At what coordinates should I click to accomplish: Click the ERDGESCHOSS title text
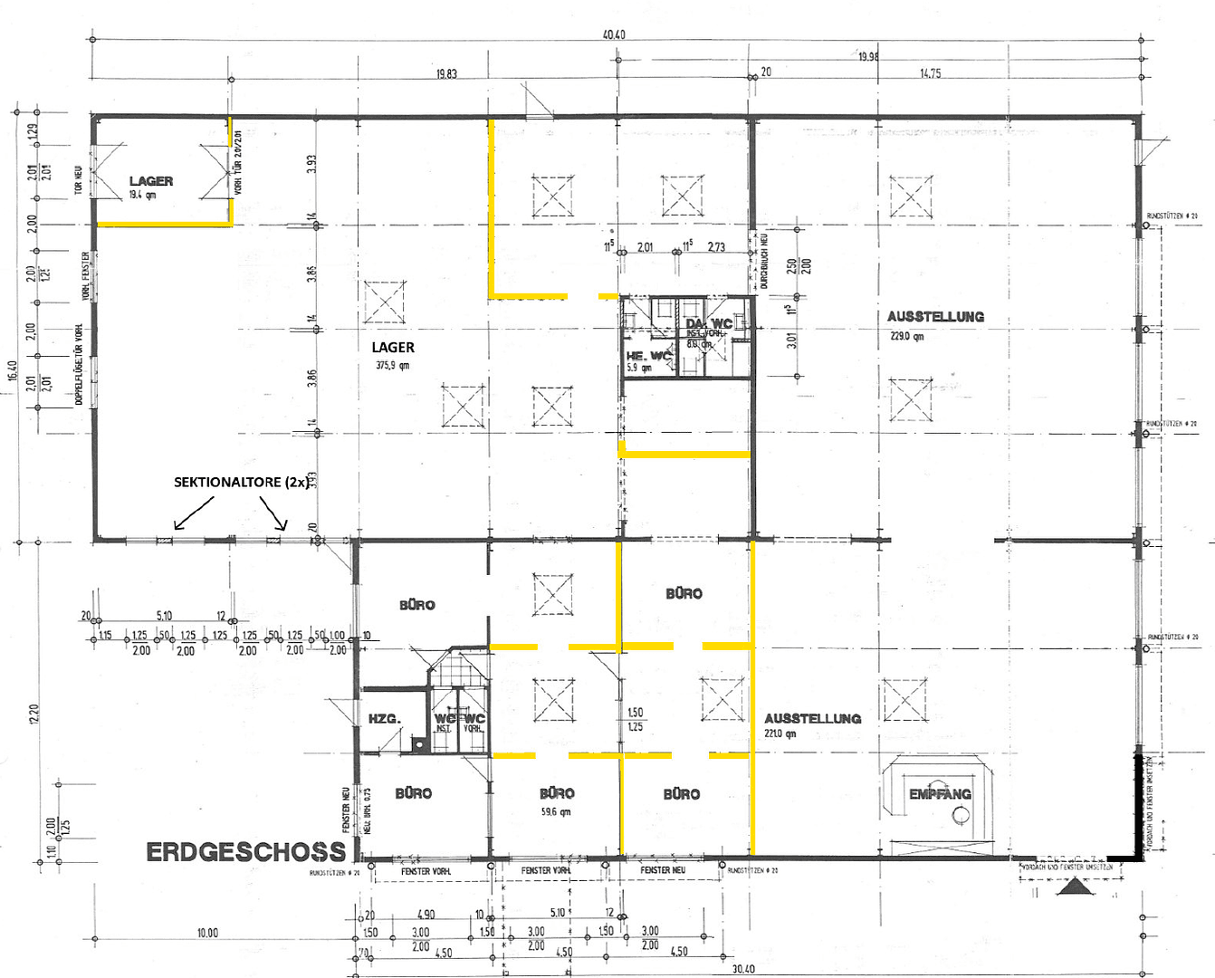245,852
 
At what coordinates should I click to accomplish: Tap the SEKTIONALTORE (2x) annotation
241,482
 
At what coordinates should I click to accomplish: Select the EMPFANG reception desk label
940,794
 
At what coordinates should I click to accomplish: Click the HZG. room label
384,718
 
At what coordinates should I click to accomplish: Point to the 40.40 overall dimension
614,34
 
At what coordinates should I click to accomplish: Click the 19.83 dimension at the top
446,74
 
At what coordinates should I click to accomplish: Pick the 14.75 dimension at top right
930,74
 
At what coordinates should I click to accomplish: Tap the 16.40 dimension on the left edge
13,371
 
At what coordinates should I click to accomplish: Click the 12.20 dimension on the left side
34,715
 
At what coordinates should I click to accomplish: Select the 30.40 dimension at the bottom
742,969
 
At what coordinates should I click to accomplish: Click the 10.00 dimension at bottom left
207,933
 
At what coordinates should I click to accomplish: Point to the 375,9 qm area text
393,366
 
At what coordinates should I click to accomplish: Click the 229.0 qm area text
906,336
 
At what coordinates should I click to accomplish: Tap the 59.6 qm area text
556,811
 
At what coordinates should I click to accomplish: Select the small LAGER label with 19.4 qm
150,181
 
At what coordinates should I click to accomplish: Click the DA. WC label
708,323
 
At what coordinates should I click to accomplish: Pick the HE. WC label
648,356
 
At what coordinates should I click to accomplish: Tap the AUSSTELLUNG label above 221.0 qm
812,718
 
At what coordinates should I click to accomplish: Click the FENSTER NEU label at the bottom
663,870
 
